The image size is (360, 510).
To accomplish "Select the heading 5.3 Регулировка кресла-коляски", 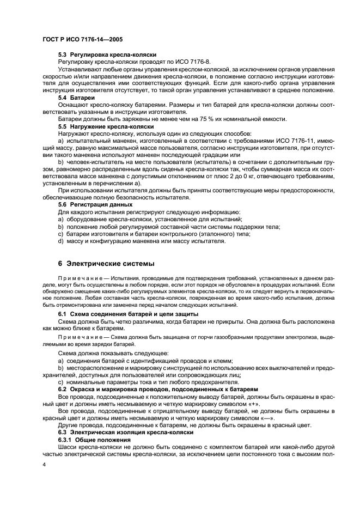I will pos(107,55).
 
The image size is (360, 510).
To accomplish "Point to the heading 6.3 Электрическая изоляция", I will pos(125,432).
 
